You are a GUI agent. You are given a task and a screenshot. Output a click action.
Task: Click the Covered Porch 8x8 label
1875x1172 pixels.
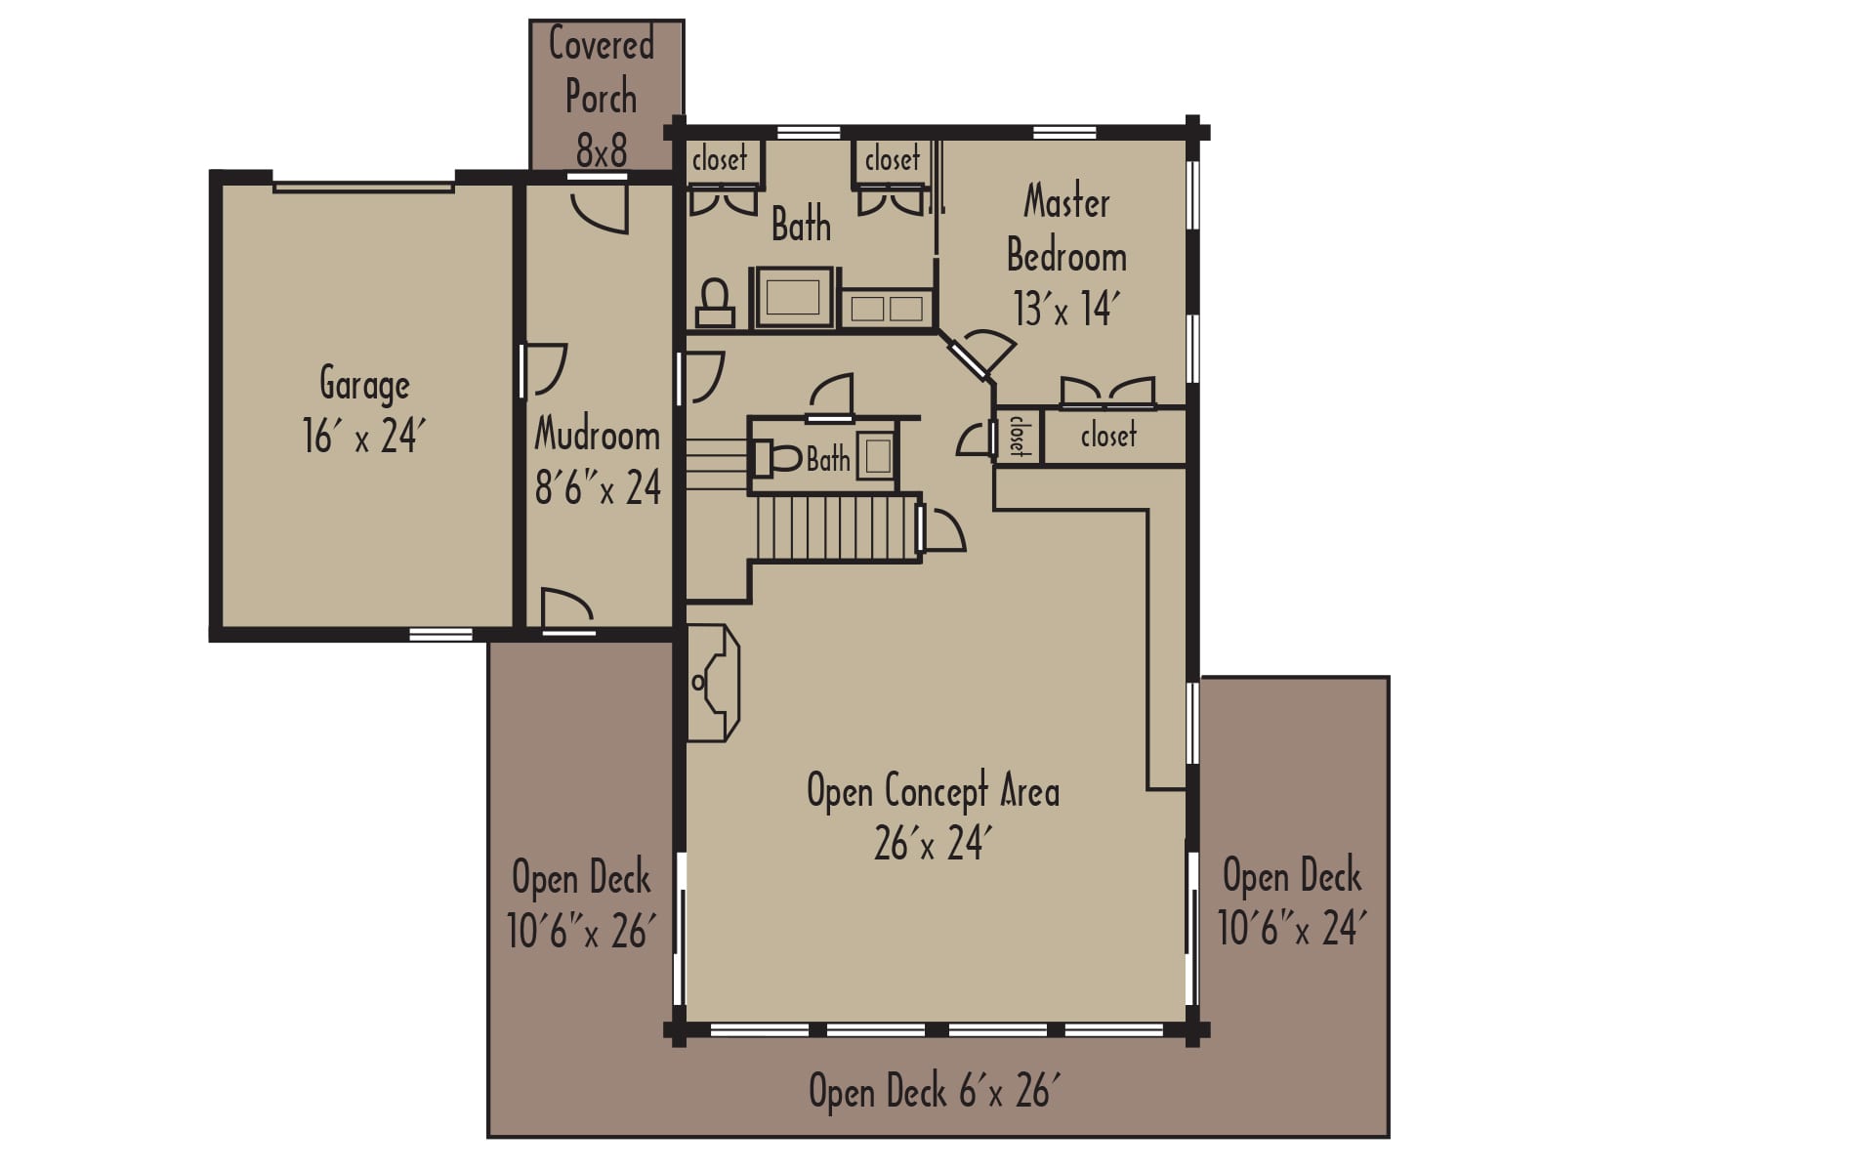pyautogui.click(x=602, y=97)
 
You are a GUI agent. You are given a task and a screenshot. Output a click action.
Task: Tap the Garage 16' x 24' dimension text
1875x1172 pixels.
pyautogui.click(x=363, y=436)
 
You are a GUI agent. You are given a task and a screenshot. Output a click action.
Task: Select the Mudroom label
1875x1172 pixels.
pyautogui.click(x=597, y=435)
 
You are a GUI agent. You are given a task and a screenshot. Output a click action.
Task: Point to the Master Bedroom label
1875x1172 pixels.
pyautogui.click(x=1066, y=229)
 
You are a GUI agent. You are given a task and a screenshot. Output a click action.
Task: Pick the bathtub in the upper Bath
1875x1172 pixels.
pyautogui.click(x=793, y=297)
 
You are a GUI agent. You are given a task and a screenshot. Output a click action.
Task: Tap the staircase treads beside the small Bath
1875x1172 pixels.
pyautogui.click(x=836, y=527)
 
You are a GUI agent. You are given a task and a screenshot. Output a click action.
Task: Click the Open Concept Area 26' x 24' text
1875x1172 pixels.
pyautogui.click(x=933, y=816)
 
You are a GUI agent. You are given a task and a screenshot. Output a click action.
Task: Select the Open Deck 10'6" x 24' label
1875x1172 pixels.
pyautogui.click(x=1291, y=900)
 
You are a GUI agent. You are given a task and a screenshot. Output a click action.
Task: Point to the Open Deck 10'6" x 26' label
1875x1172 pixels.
pyautogui.click(x=581, y=904)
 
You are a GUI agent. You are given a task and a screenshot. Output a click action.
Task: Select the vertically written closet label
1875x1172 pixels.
pyautogui.click(x=1018, y=435)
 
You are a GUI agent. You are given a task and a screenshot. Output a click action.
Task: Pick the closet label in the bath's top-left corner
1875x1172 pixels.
pyautogui.click(x=720, y=159)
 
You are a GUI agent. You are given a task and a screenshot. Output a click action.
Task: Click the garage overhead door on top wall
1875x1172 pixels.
pyautogui.click(x=363, y=186)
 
